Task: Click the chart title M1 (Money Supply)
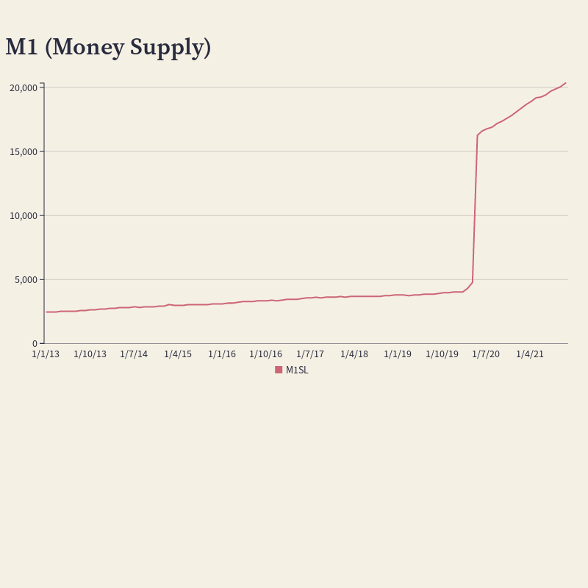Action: tap(108, 48)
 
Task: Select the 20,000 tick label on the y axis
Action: tap(24, 88)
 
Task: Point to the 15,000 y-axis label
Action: tap(24, 152)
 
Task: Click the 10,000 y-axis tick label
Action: tap(24, 216)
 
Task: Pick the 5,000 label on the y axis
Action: tap(26, 280)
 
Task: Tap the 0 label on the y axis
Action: tap(35, 344)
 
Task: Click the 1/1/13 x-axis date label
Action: tap(46, 354)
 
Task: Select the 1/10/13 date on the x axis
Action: tap(90, 354)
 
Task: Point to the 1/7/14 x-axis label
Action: tap(134, 354)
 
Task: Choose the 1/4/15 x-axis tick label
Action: tap(178, 354)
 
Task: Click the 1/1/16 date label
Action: tap(222, 354)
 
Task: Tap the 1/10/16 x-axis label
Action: tap(266, 354)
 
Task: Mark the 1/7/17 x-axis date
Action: tap(310, 354)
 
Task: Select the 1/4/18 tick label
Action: tap(354, 354)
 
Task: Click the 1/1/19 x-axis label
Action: tap(398, 354)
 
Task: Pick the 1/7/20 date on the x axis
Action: tap(486, 354)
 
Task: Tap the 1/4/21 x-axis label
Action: tap(530, 354)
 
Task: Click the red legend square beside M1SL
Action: tap(279, 370)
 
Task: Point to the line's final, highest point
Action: tap(565, 83)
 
